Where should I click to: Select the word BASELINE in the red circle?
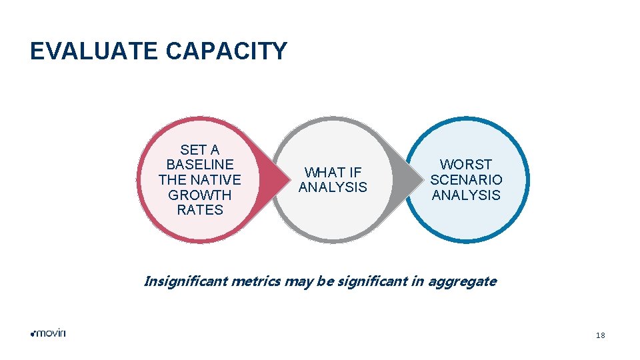click(x=200, y=165)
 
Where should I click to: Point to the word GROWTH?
click(x=200, y=195)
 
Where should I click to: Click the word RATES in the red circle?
click(x=200, y=211)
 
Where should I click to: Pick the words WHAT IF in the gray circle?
click(x=333, y=173)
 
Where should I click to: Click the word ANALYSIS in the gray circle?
click(x=333, y=188)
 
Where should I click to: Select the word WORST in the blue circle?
click(x=466, y=165)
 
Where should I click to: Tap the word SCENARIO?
click(x=466, y=180)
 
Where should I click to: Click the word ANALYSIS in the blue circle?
click(x=466, y=195)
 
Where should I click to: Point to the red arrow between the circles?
click(x=267, y=180)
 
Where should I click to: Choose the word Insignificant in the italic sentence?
click(x=185, y=281)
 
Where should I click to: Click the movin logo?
click(x=48, y=333)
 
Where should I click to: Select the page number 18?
click(x=601, y=335)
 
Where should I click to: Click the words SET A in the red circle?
click(x=200, y=149)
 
